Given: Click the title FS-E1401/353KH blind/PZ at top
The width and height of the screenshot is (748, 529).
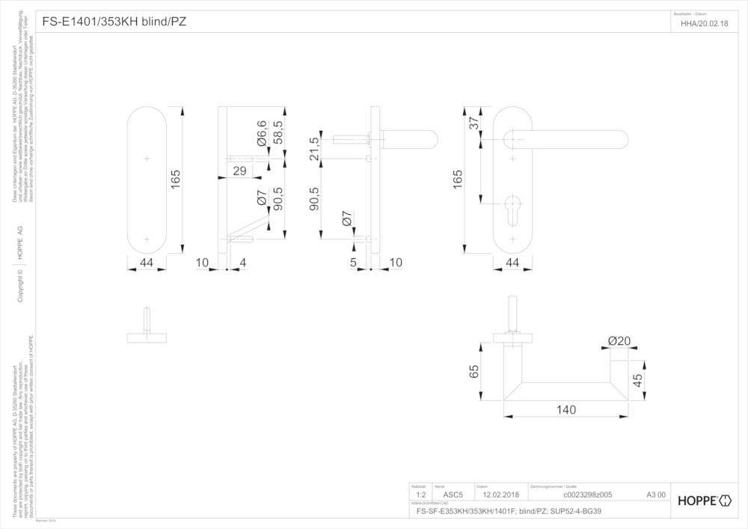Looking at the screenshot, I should (x=114, y=22).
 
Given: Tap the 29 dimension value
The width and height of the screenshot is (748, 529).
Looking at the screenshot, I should (x=240, y=171).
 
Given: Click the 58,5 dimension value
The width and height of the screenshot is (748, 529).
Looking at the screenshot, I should (x=278, y=132).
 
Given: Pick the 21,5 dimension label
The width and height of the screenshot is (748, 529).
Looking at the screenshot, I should (x=314, y=149).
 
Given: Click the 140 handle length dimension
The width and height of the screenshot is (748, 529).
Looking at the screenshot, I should (x=565, y=409).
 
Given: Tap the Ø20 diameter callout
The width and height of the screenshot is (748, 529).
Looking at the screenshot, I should (x=619, y=341).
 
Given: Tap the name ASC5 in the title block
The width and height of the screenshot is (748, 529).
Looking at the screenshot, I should (x=454, y=495).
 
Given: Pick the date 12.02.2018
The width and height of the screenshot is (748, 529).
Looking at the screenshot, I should (x=500, y=495).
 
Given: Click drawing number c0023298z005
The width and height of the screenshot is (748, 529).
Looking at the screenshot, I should (x=587, y=495).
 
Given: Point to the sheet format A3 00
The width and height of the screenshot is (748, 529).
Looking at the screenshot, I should (x=655, y=495).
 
